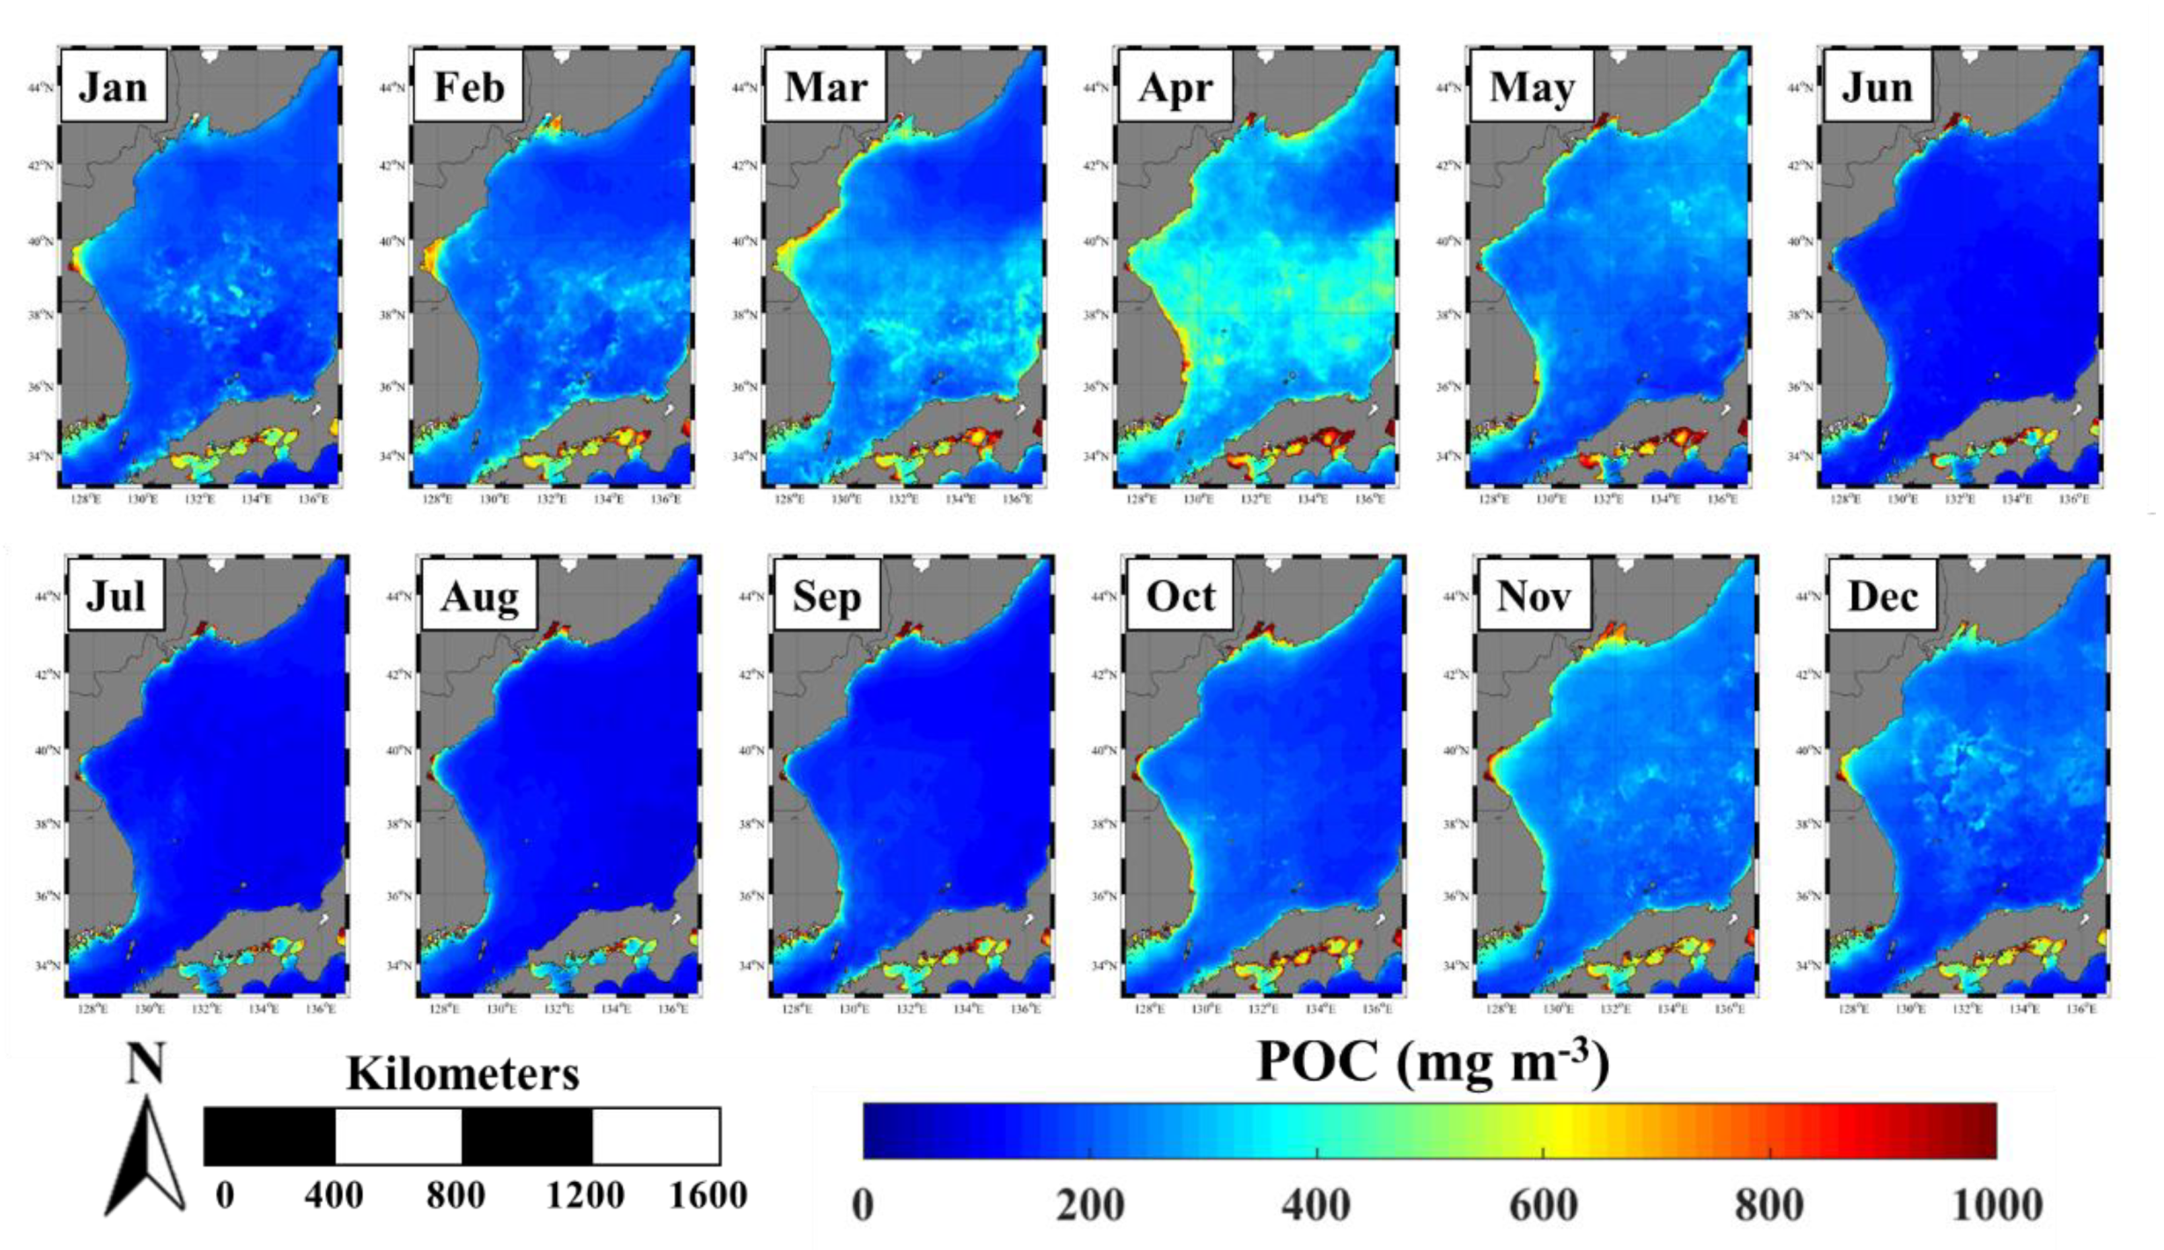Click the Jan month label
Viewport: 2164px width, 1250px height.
(x=113, y=86)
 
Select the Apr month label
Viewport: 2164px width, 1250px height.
(x=1175, y=86)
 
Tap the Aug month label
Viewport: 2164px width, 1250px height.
(x=479, y=597)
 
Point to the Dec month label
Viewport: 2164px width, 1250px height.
(x=1883, y=597)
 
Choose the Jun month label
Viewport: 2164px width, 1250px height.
(x=1877, y=86)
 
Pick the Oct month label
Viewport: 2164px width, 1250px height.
(x=1180, y=597)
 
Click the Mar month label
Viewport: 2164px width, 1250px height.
(x=826, y=86)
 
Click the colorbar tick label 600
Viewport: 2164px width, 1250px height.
(x=1543, y=1206)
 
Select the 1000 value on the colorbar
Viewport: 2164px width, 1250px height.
(x=1997, y=1206)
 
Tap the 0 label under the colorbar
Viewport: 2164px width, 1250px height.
(x=863, y=1206)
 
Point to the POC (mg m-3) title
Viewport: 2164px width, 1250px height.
(x=1433, y=1062)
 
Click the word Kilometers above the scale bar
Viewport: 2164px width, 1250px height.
(x=463, y=1074)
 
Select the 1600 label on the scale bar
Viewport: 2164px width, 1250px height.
(x=708, y=1195)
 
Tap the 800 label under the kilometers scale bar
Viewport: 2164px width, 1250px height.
(x=456, y=1195)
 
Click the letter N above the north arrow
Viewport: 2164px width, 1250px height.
(x=145, y=1063)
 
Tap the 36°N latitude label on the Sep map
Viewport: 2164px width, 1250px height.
(x=751, y=896)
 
